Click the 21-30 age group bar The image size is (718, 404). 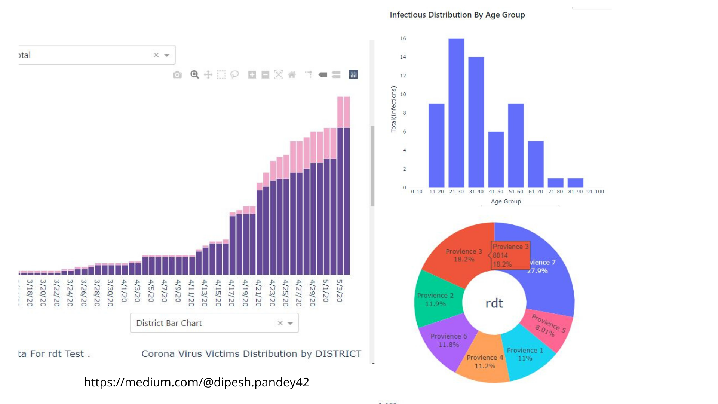pyautogui.click(x=456, y=112)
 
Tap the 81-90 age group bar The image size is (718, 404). pyautogui.click(x=575, y=183)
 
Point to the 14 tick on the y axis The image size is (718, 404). pyautogui.click(x=403, y=57)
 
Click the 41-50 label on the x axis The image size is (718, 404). pyautogui.click(x=496, y=192)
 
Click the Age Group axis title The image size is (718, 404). pyautogui.click(x=506, y=201)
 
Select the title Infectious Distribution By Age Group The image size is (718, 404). pyautogui.click(x=457, y=15)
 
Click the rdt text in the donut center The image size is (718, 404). pyautogui.click(x=494, y=303)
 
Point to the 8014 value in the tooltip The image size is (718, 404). pyautogui.click(x=500, y=255)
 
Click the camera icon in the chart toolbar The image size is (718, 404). pyautogui.click(x=177, y=75)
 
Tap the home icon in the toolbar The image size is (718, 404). pyautogui.click(x=292, y=75)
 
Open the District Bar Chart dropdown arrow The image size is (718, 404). pyautogui.click(x=290, y=323)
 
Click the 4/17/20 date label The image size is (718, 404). pyautogui.click(x=231, y=293)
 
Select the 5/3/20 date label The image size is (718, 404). pyautogui.click(x=339, y=291)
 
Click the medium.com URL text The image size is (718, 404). pyautogui.click(x=196, y=382)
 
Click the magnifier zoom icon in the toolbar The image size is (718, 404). pyautogui.click(x=194, y=74)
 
